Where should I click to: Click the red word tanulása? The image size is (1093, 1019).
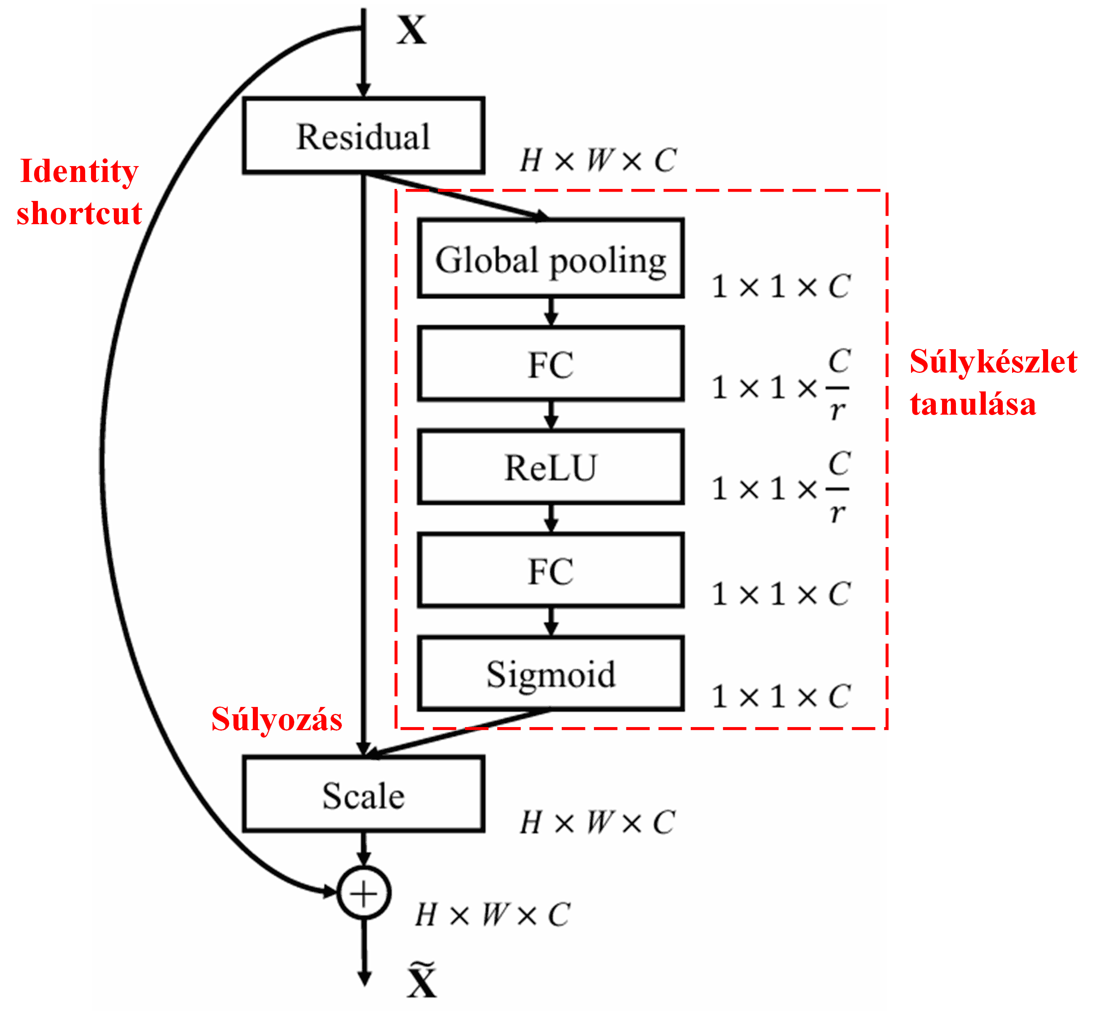click(973, 404)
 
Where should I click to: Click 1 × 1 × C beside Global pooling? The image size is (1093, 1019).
click(781, 286)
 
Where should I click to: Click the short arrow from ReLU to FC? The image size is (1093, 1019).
click(551, 518)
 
